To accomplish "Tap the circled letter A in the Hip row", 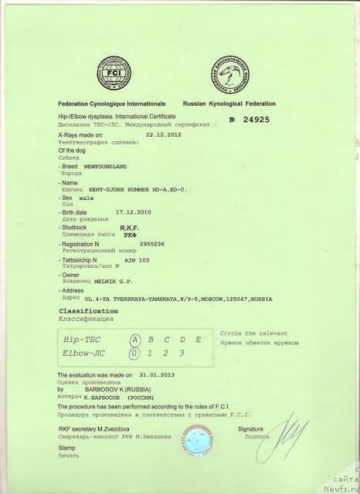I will pos(135,339).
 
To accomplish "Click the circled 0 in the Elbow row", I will pos(135,354).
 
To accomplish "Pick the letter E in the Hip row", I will pos(199,339).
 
